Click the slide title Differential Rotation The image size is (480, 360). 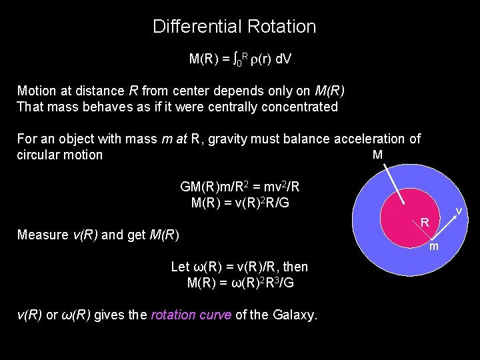point(234,27)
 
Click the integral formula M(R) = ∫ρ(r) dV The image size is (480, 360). point(240,59)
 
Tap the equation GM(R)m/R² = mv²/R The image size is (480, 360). point(240,187)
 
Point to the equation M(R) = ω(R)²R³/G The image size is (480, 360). point(240,283)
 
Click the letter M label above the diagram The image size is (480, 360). point(377,155)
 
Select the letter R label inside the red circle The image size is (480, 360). point(424,222)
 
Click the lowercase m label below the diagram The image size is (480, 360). point(433,247)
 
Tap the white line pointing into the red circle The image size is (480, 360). point(391,183)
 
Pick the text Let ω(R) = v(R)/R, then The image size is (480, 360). point(240,267)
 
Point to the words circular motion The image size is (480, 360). point(59,155)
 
